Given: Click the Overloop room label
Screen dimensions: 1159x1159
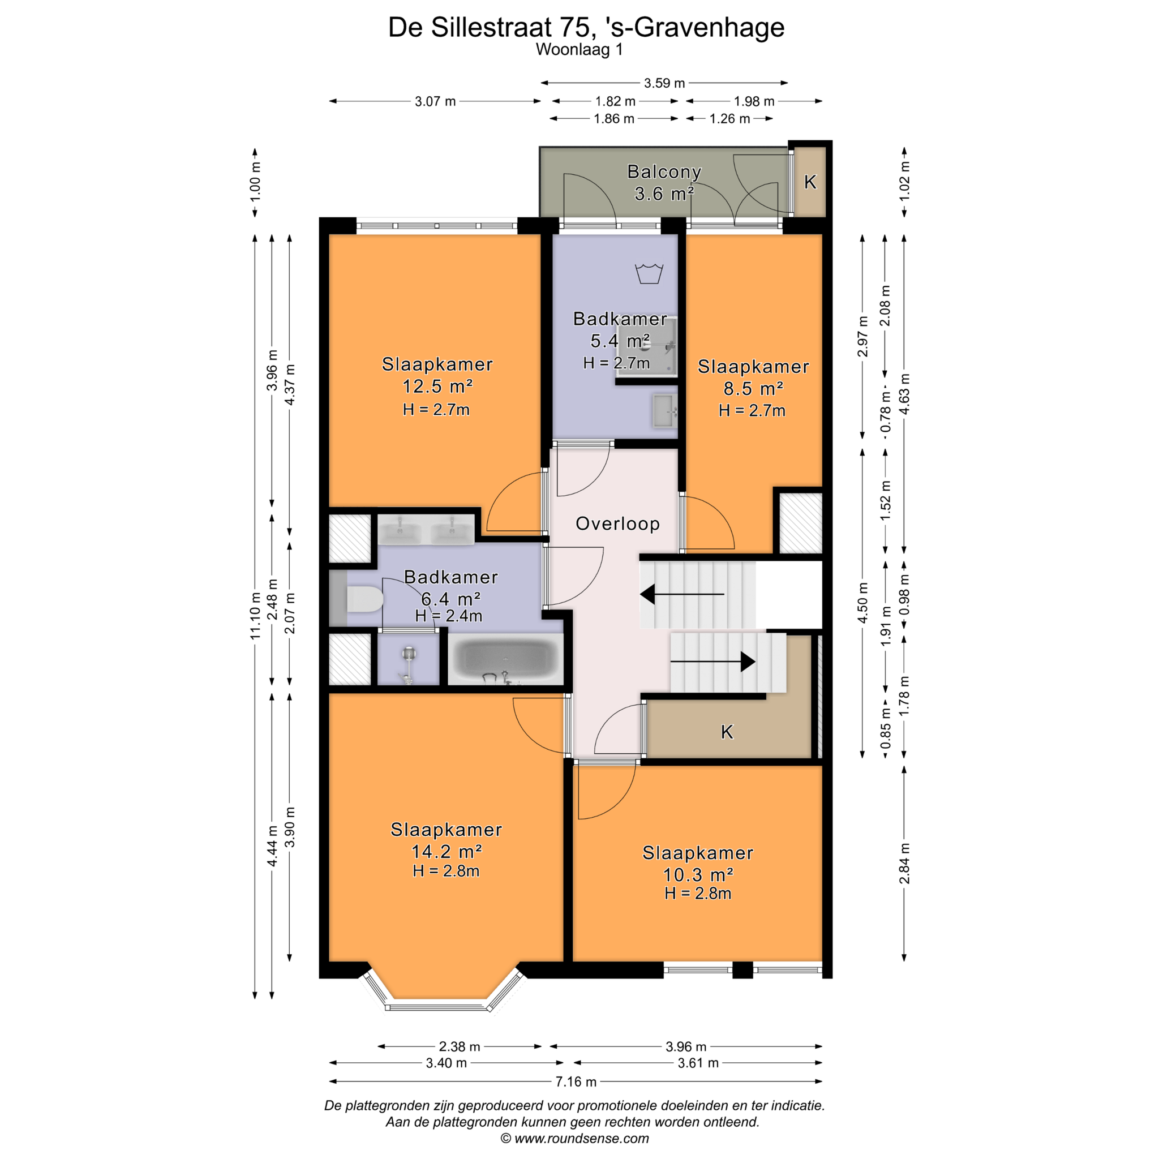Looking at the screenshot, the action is [x=617, y=523].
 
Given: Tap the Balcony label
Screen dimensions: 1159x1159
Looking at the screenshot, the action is [x=664, y=172].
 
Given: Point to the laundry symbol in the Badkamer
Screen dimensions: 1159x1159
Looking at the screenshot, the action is [x=649, y=273].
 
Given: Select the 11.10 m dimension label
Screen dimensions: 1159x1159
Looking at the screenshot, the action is [x=256, y=616].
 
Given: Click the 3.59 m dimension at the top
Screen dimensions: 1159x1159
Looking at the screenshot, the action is [x=664, y=83].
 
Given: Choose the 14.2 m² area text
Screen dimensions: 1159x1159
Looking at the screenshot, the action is [x=447, y=851].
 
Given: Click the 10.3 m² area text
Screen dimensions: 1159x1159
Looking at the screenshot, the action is [x=698, y=875].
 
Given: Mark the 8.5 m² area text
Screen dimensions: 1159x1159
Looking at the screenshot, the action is [x=753, y=389].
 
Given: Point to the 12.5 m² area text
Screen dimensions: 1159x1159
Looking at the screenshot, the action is [x=437, y=387].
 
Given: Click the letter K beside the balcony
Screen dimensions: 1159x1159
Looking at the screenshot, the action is [x=810, y=182].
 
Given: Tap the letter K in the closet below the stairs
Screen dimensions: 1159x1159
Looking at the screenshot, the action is [x=727, y=732].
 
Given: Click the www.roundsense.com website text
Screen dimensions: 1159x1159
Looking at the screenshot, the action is [x=581, y=1138].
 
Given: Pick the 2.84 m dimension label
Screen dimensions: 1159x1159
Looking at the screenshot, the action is [x=904, y=863].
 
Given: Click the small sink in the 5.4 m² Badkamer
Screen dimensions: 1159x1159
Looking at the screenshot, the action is [x=665, y=411].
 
